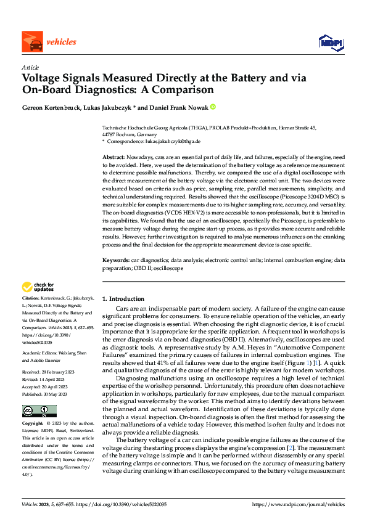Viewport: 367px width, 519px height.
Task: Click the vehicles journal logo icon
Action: (31, 43)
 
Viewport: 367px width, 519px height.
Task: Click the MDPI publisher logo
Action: (331, 42)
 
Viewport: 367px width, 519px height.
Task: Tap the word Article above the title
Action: (30, 67)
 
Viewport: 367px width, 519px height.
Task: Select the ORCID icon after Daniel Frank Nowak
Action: (213, 107)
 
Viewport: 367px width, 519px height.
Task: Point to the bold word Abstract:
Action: (112, 158)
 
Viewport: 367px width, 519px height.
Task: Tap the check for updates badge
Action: (38, 287)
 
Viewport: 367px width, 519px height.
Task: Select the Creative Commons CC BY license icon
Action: (38, 411)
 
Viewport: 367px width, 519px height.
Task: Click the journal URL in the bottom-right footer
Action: (299, 504)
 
